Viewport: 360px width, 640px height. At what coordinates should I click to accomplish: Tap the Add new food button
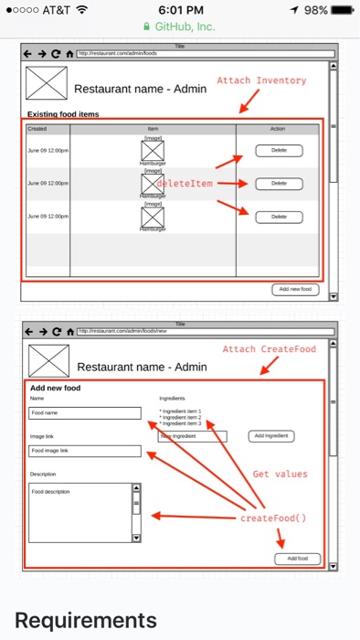pyautogui.click(x=295, y=290)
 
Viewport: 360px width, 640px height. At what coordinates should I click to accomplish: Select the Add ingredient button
pyautogui.click(x=272, y=436)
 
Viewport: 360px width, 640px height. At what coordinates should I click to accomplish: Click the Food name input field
pyautogui.click(x=85, y=413)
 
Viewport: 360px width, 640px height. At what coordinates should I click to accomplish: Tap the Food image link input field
pyautogui.click(x=85, y=451)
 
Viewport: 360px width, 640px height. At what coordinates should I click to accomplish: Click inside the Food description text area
pyautogui.click(x=80, y=512)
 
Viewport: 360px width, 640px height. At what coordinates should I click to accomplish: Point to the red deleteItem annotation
pyautogui.click(x=184, y=184)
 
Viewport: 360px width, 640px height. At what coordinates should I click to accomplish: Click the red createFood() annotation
pyautogui.click(x=274, y=518)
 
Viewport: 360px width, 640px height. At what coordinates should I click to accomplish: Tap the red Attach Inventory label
pyautogui.click(x=261, y=81)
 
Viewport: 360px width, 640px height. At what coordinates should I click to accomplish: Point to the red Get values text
pyautogui.click(x=281, y=475)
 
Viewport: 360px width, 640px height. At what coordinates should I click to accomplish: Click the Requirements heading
pyautogui.click(x=86, y=620)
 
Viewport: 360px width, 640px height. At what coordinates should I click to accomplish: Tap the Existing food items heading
pyautogui.click(x=63, y=114)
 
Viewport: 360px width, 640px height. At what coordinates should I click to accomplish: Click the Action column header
pyautogui.click(x=278, y=129)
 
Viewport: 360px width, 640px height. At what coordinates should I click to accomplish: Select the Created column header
pyautogui.click(x=37, y=129)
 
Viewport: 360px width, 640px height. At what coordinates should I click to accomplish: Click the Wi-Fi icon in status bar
pyautogui.click(x=82, y=10)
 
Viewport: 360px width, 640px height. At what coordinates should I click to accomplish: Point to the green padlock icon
pyautogui.click(x=148, y=27)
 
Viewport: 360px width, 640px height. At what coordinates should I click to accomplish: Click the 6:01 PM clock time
pyautogui.click(x=180, y=10)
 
